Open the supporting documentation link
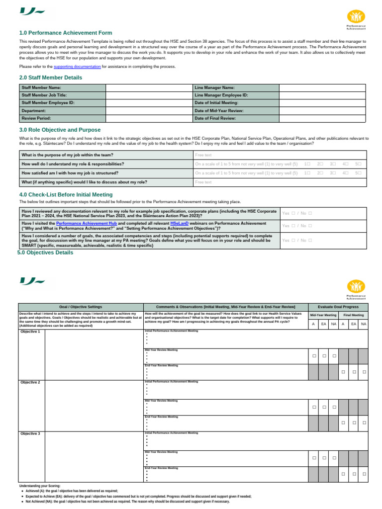(x=77, y=67)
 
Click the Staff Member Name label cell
(x=62, y=87)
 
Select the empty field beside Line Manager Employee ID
(x=322, y=95)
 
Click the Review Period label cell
(x=62, y=119)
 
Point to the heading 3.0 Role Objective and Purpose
(x=60, y=130)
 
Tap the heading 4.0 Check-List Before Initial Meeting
(x=66, y=195)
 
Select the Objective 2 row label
(x=31, y=383)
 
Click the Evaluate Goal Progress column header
(x=338, y=307)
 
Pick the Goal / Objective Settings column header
(x=81, y=307)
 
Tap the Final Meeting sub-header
(x=353, y=315)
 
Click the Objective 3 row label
(x=31, y=434)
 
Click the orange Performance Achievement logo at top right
(x=356, y=17)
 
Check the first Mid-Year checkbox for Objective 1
(x=314, y=356)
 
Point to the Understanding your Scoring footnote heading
(x=40, y=486)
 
